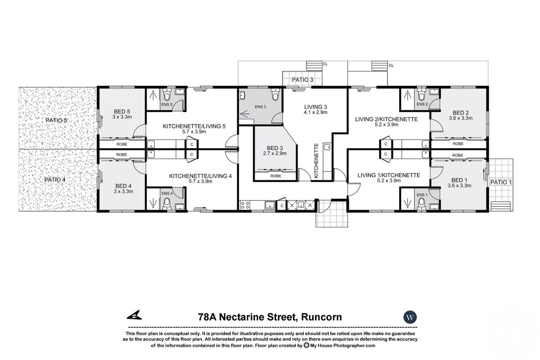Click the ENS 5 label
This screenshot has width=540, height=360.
pos(166,104)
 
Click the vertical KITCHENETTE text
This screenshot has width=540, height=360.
pos(316,161)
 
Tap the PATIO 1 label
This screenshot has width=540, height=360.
pos(500,182)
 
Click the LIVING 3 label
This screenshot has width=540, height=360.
pos(315,106)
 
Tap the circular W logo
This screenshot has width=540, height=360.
pos(410,317)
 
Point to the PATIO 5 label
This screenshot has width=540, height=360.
pos(56,121)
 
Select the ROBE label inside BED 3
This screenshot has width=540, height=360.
pos(276,176)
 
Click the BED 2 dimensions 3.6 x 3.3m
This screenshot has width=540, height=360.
pos(461,118)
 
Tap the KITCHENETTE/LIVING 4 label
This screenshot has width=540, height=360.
pos(200,176)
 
